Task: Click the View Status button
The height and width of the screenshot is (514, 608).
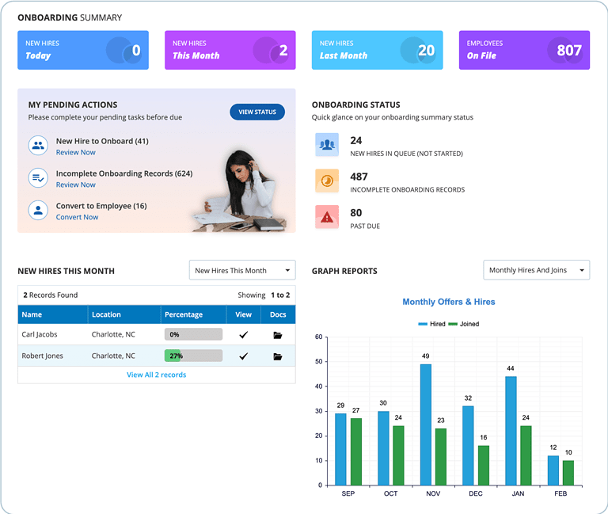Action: click(x=256, y=112)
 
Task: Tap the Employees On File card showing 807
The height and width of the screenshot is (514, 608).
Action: click(x=524, y=50)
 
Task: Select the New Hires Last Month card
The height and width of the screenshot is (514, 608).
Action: click(x=377, y=50)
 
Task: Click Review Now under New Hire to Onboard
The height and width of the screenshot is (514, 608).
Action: click(x=75, y=152)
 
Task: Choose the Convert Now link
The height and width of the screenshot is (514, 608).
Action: click(x=77, y=217)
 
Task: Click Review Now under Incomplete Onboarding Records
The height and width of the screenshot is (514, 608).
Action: click(x=75, y=185)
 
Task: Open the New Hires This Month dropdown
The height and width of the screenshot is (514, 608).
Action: click(x=242, y=270)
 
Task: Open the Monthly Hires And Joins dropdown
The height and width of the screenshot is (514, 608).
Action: click(x=536, y=270)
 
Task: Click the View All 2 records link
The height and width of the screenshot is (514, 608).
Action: click(x=156, y=375)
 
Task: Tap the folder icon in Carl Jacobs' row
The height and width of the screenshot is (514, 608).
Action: click(x=277, y=335)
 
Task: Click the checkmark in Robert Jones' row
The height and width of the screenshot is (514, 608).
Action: click(x=243, y=356)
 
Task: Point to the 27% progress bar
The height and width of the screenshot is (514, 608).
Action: click(x=193, y=356)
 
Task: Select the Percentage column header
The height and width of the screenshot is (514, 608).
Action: click(x=184, y=314)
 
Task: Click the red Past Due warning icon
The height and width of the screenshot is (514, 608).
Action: click(x=327, y=217)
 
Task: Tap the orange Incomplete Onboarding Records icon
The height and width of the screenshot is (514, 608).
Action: click(x=327, y=181)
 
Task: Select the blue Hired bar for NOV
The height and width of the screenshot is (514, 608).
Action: click(x=426, y=425)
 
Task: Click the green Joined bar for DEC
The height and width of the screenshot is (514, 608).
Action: click(x=483, y=465)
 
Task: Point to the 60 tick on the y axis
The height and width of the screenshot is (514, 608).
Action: click(x=318, y=337)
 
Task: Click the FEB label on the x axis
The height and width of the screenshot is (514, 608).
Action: click(x=560, y=493)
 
